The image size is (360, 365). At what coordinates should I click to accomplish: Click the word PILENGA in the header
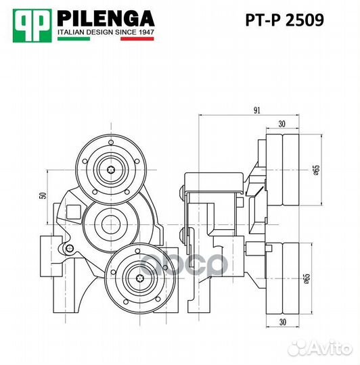[x=105, y=18]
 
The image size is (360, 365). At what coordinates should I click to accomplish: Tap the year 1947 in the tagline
[x=144, y=32]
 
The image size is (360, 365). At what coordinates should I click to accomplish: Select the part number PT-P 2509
[x=284, y=20]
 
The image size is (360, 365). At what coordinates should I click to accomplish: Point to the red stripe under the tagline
[x=139, y=39]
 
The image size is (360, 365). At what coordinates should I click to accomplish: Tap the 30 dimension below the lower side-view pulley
[x=284, y=322]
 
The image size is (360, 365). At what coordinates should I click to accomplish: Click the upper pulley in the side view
[x=284, y=170]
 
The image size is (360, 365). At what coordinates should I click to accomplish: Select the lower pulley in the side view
[x=284, y=276]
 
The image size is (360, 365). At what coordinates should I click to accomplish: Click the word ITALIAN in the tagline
[x=73, y=32]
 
